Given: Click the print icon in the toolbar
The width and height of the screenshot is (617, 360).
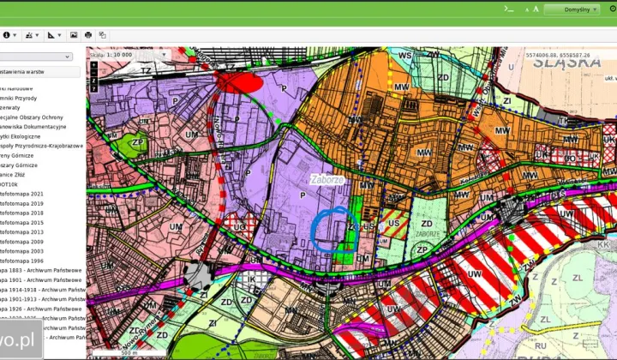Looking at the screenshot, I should [x=88, y=35].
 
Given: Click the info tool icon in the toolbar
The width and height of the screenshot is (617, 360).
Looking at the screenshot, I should [x=8, y=35].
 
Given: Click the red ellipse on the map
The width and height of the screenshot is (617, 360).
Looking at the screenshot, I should [x=240, y=82].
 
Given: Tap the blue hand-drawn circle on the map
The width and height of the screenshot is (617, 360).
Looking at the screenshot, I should [x=330, y=229].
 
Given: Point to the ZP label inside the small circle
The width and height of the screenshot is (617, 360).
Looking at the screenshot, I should [x=138, y=143].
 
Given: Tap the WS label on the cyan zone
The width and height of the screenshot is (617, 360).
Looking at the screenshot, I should [x=405, y=56].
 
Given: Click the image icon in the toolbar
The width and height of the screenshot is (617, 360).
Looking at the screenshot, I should [x=74, y=35].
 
